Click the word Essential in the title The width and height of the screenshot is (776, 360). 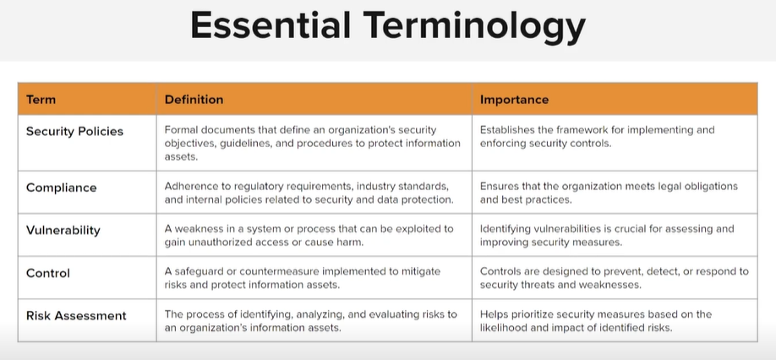pos(271,25)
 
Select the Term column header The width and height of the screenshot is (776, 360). pos(41,100)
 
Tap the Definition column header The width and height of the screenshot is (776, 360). pos(194,100)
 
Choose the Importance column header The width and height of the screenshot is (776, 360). pos(514,100)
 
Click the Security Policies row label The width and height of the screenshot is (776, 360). pos(74,131)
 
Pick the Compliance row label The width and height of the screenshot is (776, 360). pos(62,188)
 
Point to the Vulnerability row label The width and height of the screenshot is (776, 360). pos(63,231)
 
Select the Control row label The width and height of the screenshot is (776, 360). pos(48,273)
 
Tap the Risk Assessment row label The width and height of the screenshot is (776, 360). pos(76,315)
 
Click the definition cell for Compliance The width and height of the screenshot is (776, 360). pos(314,193)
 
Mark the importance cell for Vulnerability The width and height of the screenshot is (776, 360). pos(615,235)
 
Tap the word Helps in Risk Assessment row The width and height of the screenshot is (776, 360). pos(493,315)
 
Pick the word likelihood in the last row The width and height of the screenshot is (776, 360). pos(500,327)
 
